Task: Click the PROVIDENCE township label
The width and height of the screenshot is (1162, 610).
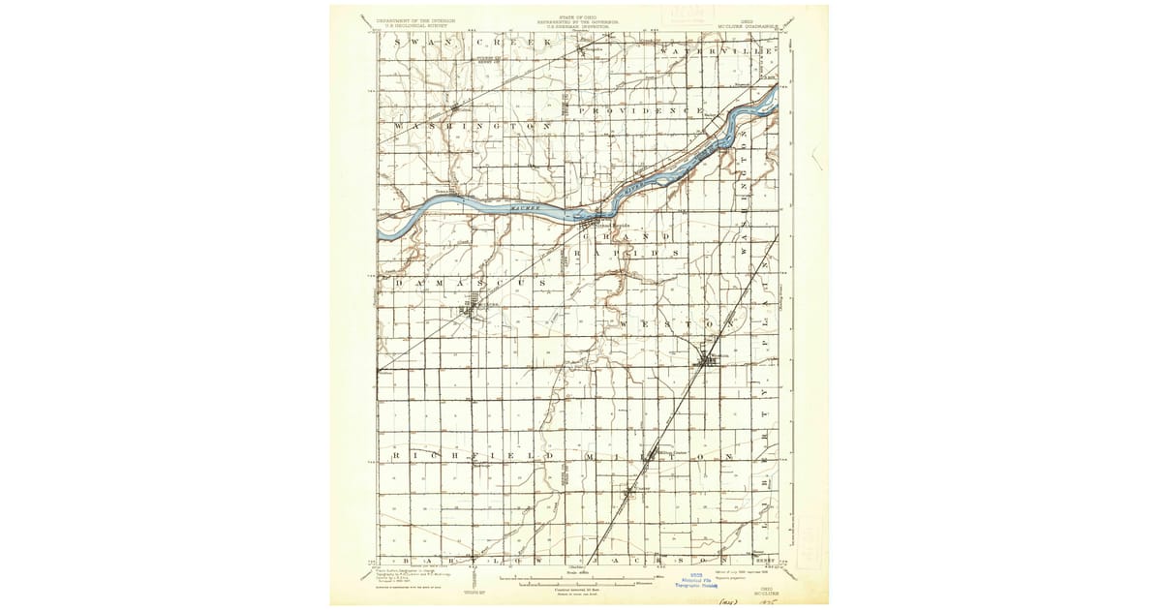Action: click(x=639, y=111)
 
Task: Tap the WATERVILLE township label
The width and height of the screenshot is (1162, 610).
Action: click(x=717, y=49)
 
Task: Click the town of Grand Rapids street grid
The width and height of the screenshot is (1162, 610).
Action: click(x=592, y=225)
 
